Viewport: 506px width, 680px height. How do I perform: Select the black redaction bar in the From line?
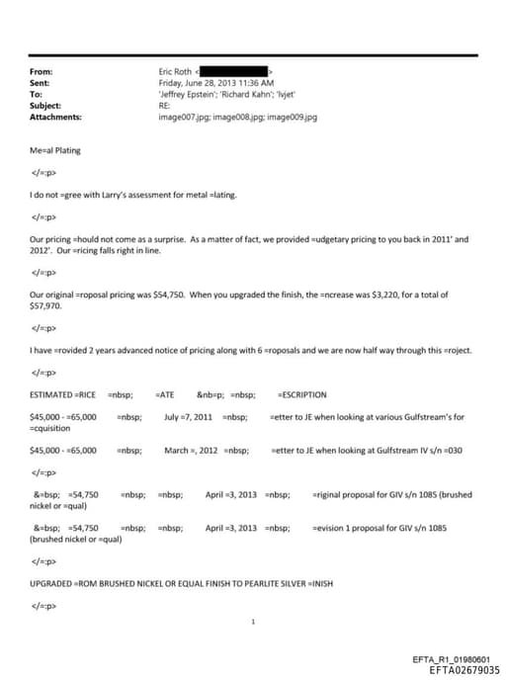tap(234, 72)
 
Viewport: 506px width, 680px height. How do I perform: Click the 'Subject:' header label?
tap(45, 106)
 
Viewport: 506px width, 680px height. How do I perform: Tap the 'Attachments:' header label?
tap(55, 117)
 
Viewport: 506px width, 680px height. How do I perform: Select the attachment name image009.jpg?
tap(292, 117)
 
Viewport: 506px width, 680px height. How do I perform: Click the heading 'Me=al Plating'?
tap(55, 150)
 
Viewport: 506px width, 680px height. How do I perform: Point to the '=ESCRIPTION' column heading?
tap(302, 395)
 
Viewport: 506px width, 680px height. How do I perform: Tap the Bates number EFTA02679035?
tap(458, 669)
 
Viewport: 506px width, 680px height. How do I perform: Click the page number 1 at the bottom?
tap(254, 623)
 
